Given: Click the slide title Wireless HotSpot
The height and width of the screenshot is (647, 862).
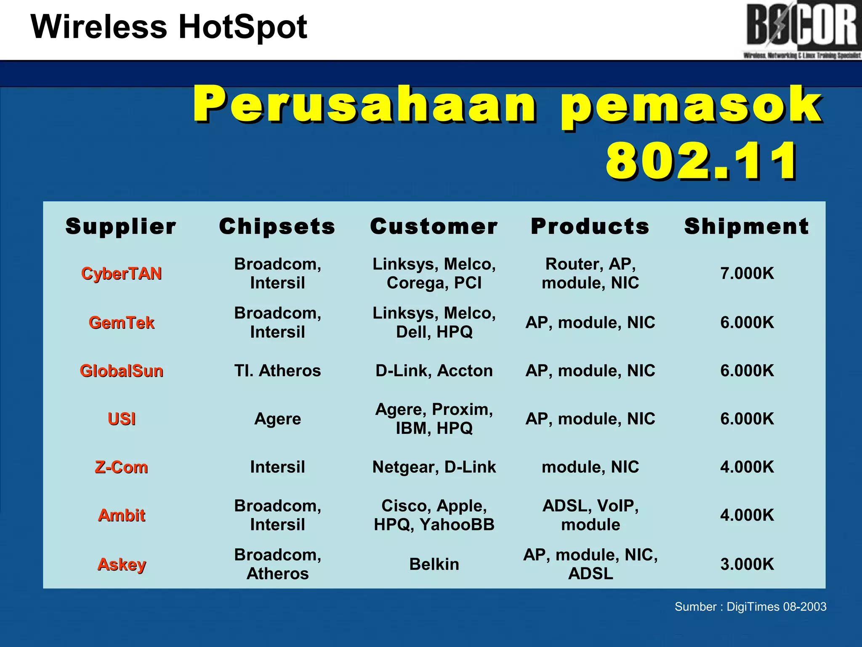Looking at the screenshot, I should click(169, 27).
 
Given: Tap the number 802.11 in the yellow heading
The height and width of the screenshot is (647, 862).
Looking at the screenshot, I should click(701, 161).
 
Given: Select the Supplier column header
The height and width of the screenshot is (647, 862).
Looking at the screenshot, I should click(121, 227).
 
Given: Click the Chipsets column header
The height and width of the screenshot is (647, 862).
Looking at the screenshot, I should click(277, 227).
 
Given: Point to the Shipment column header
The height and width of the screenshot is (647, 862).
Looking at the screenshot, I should click(746, 227).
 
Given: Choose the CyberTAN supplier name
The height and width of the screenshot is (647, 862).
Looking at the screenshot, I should click(121, 274).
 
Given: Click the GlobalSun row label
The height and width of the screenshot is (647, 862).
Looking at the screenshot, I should click(121, 371).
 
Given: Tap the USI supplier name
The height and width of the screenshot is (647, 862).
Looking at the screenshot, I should click(121, 419).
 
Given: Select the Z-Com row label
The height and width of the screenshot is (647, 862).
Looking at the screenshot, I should click(121, 467).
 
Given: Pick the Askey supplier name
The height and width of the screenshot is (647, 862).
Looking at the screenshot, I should click(121, 564).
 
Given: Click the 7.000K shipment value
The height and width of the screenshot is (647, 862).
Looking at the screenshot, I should click(747, 273).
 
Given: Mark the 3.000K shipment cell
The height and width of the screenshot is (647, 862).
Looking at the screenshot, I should click(747, 564).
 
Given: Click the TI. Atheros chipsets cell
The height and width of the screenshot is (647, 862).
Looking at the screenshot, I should click(277, 371).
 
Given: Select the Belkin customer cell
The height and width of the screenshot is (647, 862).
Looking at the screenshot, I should click(434, 564).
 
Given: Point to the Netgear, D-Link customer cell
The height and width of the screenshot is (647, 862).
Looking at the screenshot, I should click(434, 467).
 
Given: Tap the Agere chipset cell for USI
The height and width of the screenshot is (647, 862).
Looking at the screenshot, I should click(277, 419).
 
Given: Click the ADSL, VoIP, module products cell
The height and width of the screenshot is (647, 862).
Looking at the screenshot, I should click(591, 515).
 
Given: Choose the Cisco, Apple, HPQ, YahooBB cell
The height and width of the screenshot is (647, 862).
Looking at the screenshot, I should click(434, 515).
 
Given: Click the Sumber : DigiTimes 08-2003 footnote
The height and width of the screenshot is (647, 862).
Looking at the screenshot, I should click(750, 607).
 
